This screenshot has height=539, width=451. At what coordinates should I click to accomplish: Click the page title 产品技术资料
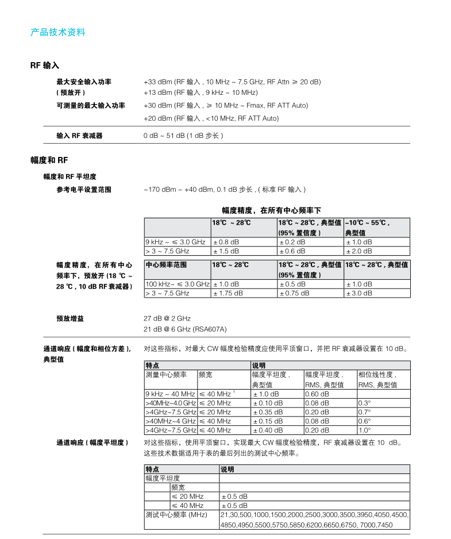coord(57,32)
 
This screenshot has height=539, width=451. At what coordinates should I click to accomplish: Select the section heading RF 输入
coord(45,66)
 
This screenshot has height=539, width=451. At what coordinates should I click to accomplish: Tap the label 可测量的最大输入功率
coord(91,105)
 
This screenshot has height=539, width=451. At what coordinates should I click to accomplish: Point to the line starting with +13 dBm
coord(200,93)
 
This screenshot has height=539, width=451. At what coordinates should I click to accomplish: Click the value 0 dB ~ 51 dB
coord(183,136)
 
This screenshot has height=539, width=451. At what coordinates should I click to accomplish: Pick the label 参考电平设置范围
coord(84,189)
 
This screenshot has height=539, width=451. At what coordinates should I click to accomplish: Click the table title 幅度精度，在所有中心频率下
coord(271,210)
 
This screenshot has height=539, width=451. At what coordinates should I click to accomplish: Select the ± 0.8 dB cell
coord(226,242)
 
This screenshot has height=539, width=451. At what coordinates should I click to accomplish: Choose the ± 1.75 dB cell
coord(228,293)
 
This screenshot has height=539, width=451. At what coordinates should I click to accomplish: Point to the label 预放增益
coord(70,318)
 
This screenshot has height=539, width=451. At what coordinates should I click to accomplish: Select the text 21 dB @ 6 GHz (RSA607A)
coord(185,329)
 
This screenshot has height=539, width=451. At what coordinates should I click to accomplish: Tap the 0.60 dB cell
coord(317,394)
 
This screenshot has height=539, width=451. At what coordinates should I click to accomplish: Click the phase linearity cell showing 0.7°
coord(365,412)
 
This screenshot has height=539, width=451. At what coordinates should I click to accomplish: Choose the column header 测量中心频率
coord(166,375)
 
